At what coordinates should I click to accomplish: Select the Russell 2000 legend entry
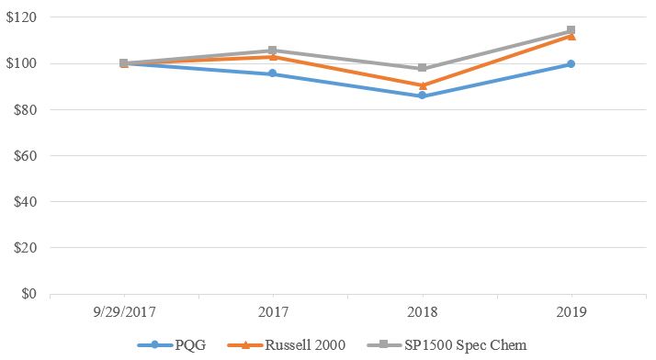[x=294, y=345]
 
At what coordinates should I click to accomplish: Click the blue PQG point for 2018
[x=422, y=96]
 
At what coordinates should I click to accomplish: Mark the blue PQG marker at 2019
[x=571, y=63]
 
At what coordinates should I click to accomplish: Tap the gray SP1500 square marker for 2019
[x=571, y=30]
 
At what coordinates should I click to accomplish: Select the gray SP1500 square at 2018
[x=422, y=68]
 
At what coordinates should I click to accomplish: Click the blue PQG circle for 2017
[x=273, y=73]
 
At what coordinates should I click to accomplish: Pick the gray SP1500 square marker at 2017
[x=273, y=51]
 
